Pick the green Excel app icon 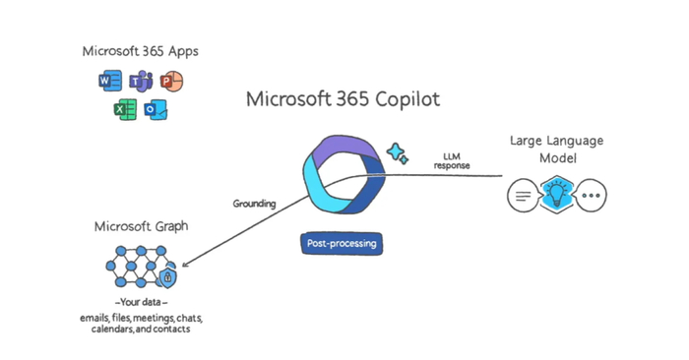point(124,110)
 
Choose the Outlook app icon point(156,110)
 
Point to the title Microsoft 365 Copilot point(344,99)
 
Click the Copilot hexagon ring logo point(340,177)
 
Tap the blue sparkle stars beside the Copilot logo point(399,153)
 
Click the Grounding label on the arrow point(254,204)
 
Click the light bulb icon point(558,195)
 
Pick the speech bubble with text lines point(523,196)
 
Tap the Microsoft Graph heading point(141,226)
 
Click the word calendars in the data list point(103,330)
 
